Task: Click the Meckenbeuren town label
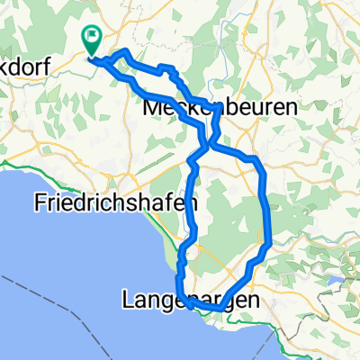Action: coord(208,107)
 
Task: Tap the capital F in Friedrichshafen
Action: coord(40,202)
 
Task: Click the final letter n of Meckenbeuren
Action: coord(266,107)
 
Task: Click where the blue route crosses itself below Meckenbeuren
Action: coord(208,142)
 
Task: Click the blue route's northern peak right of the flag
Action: coord(124,55)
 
